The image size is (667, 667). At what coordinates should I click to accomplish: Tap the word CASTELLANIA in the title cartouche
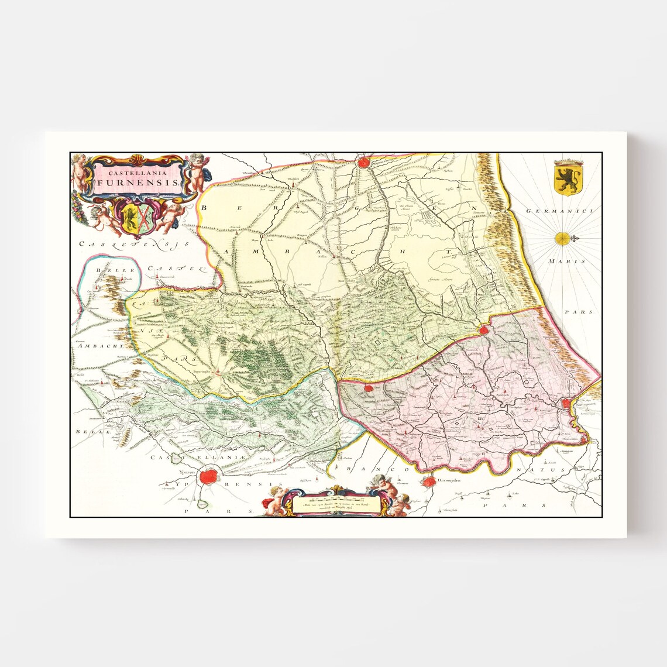point(139,172)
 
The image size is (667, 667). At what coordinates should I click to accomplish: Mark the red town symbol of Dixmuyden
point(428,482)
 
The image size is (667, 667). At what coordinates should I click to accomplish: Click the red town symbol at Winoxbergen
point(364,162)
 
